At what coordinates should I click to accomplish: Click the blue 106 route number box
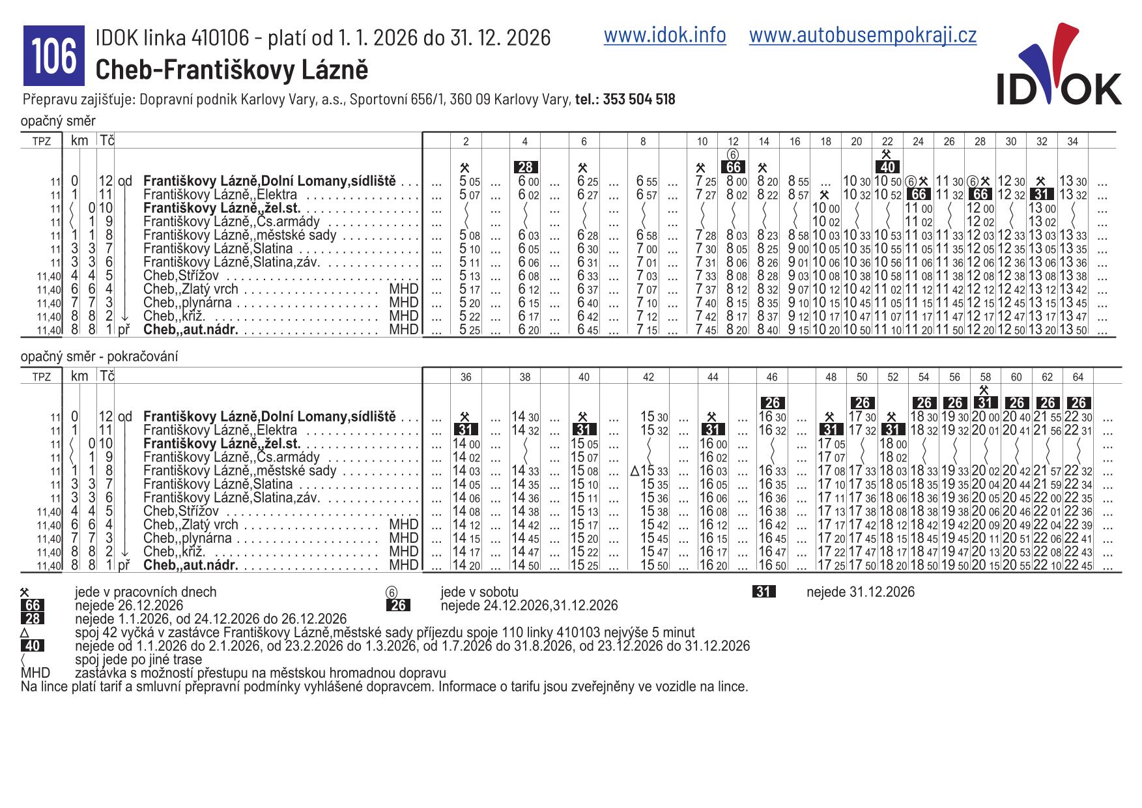pyautogui.click(x=53, y=56)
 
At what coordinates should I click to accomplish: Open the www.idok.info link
pyautogui.click(x=664, y=35)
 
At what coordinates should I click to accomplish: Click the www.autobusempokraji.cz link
pyautogui.click(x=863, y=35)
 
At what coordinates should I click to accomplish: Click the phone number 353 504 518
pyautogui.click(x=638, y=100)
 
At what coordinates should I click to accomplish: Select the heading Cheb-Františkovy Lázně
pyautogui.click(x=232, y=69)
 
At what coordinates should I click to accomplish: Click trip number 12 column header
pyautogui.click(x=733, y=141)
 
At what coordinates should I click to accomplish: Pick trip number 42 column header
pyautogui.click(x=648, y=377)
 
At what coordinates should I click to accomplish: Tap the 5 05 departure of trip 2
pyautogui.click(x=469, y=181)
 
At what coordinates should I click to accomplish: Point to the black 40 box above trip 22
pyautogui.click(x=887, y=167)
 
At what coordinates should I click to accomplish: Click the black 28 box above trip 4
pyautogui.click(x=525, y=167)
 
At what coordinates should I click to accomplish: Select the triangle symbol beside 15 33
pyautogui.click(x=635, y=471)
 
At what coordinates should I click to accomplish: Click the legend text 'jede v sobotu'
pyautogui.click(x=479, y=592)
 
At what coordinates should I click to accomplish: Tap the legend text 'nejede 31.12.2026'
pyautogui.click(x=860, y=592)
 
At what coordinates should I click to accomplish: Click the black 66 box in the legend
pyautogui.click(x=33, y=605)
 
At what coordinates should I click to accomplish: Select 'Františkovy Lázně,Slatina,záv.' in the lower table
pyautogui.click(x=231, y=498)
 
